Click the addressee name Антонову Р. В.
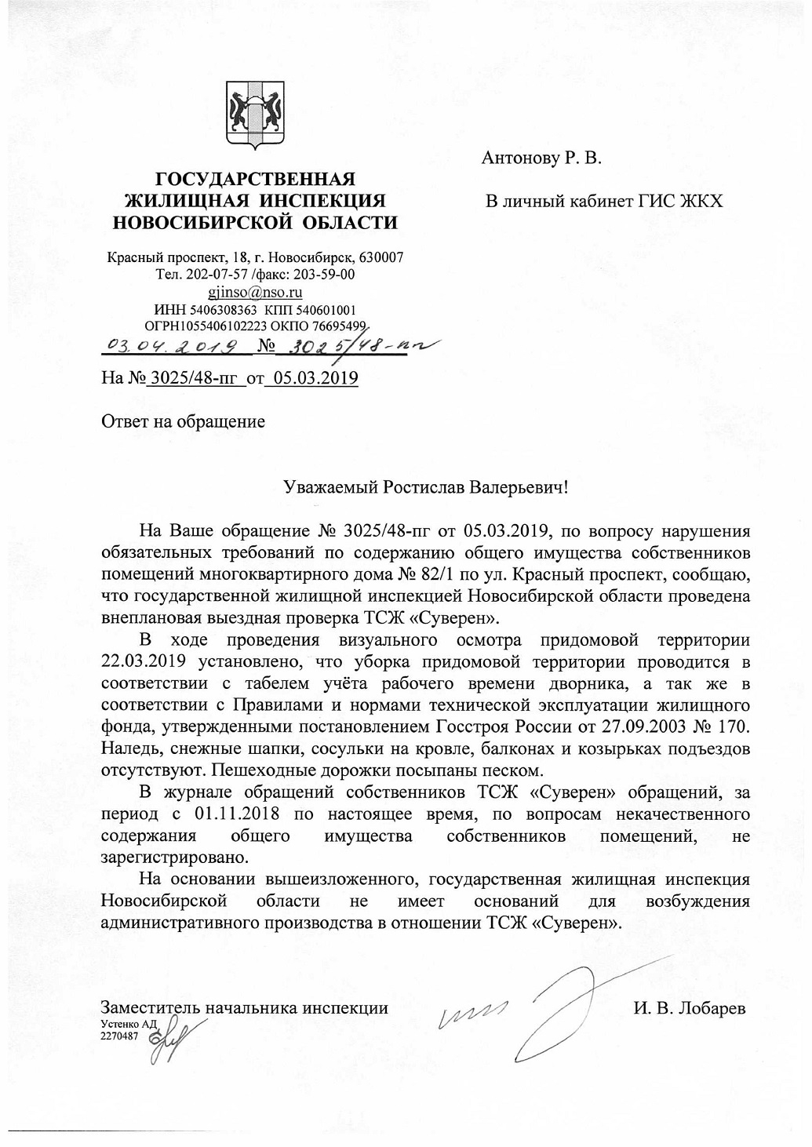(541, 159)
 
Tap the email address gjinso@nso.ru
(255, 293)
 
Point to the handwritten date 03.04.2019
(166, 346)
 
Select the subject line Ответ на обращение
(183, 421)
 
